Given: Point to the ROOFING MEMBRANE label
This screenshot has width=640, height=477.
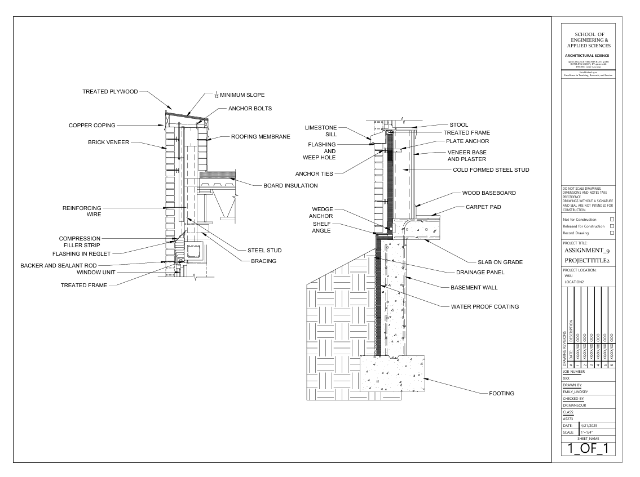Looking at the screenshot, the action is (x=261, y=136).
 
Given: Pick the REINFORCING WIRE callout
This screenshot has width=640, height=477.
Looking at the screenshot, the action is (x=82, y=211).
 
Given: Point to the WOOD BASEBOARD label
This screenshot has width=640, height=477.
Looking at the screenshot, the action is (x=489, y=193).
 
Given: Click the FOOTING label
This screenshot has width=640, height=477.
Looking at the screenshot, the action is (x=500, y=393).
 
